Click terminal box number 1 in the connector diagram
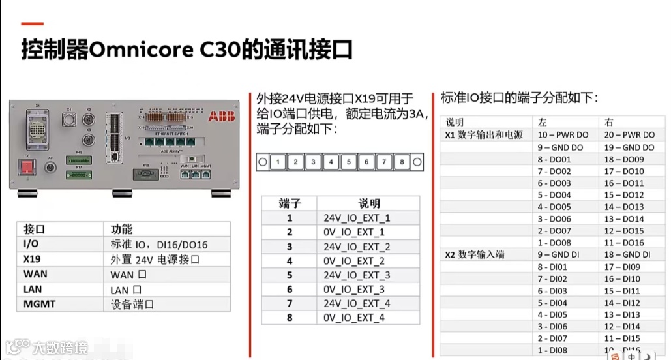[278, 162]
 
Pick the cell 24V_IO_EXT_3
[357, 275]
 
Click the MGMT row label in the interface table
[40, 304]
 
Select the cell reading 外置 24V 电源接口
[155, 260]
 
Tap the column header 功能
[121, 230]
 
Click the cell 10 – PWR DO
[563, 135]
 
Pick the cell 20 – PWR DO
[629, 135]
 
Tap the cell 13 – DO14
[624, 219]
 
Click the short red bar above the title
[33, 24]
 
